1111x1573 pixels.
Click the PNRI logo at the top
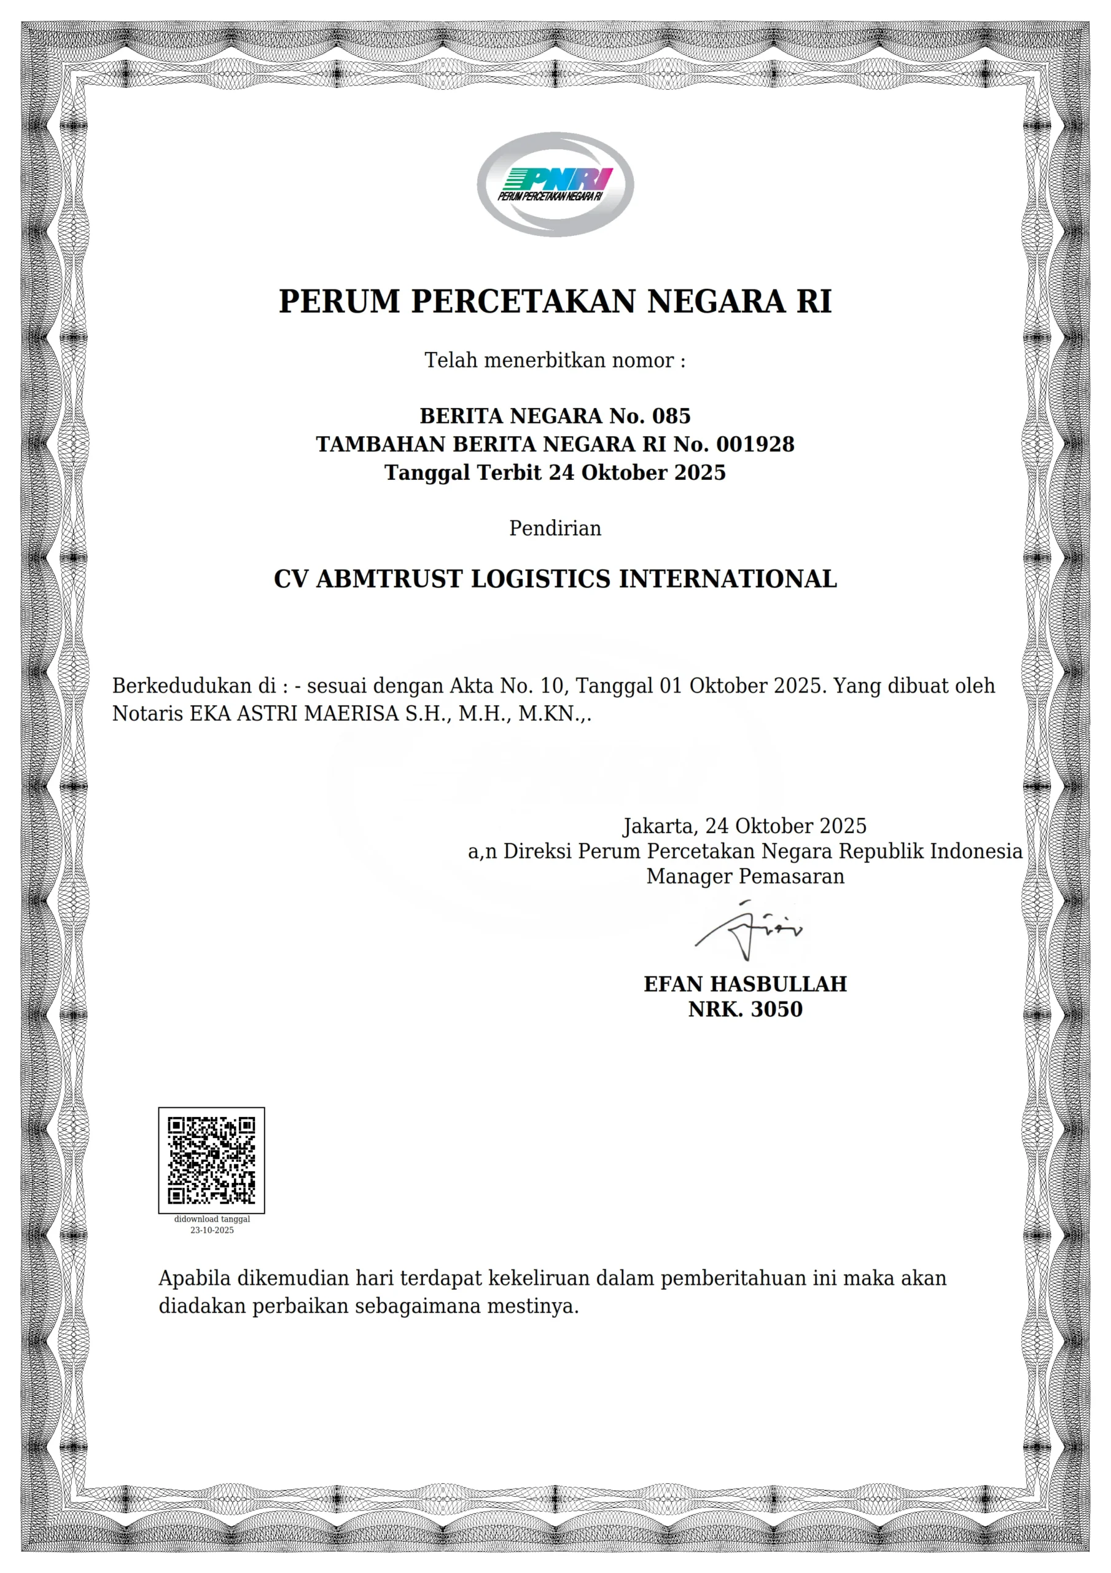click(x=555, y=184)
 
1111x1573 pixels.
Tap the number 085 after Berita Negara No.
click(x=671, y=416)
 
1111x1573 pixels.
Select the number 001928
click(x=755, y=444)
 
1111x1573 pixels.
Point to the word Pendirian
click(x=555, y=528)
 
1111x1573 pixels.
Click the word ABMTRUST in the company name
click(x=388, y=579)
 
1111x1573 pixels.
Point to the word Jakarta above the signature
click(x=659, y=826)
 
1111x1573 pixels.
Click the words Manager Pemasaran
click(x=745, y=876)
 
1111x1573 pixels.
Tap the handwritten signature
click(x=748, y=930)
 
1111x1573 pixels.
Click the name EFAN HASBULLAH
click(x=745, y=984)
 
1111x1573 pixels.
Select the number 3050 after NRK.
click(x=777, y=1009)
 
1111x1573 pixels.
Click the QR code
click(x=212, y=1160)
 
